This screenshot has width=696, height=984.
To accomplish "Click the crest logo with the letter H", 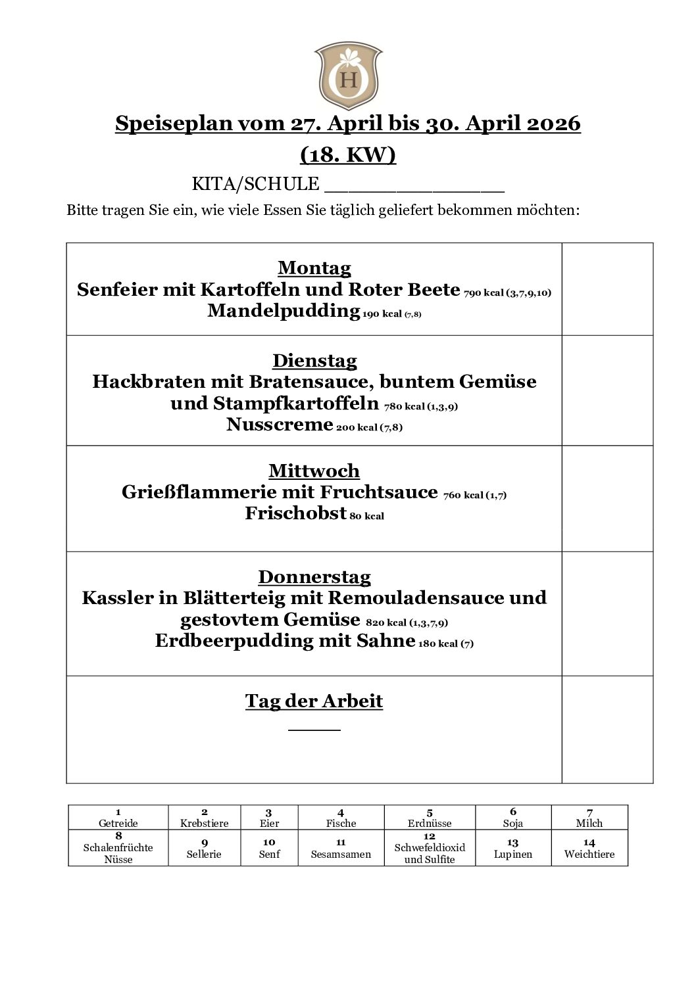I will [x=348, y=76].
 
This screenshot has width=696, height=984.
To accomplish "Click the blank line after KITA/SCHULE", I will [x=414, y=186].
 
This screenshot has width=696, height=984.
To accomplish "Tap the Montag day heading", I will [x=314, y=268].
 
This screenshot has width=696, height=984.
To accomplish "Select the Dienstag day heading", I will [x=314, y=361].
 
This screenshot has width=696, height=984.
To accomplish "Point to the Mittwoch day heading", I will [x=314, y=471].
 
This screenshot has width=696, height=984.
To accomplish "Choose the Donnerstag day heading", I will [x=314, y=577].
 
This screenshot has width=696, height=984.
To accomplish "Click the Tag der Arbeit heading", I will [x=314, y=701].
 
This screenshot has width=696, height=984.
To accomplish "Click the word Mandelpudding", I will [x=284, y=311].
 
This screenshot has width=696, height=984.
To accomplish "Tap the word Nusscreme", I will [x=280, y=425].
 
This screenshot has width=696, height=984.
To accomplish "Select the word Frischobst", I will [x=295, y=513].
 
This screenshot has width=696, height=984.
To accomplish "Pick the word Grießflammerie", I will [x=201, y=492].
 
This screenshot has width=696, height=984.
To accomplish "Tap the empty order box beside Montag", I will [x=607, y=289].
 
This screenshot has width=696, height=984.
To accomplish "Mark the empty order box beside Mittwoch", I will [x=607, y=498].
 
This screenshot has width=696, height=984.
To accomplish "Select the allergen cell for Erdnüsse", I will [x=430, y=818].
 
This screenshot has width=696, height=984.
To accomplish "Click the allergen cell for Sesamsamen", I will [x=341, y=848].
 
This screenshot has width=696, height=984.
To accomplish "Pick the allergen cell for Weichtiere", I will [x=589, y=848].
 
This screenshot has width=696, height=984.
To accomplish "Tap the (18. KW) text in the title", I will [x=348, y=154].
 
